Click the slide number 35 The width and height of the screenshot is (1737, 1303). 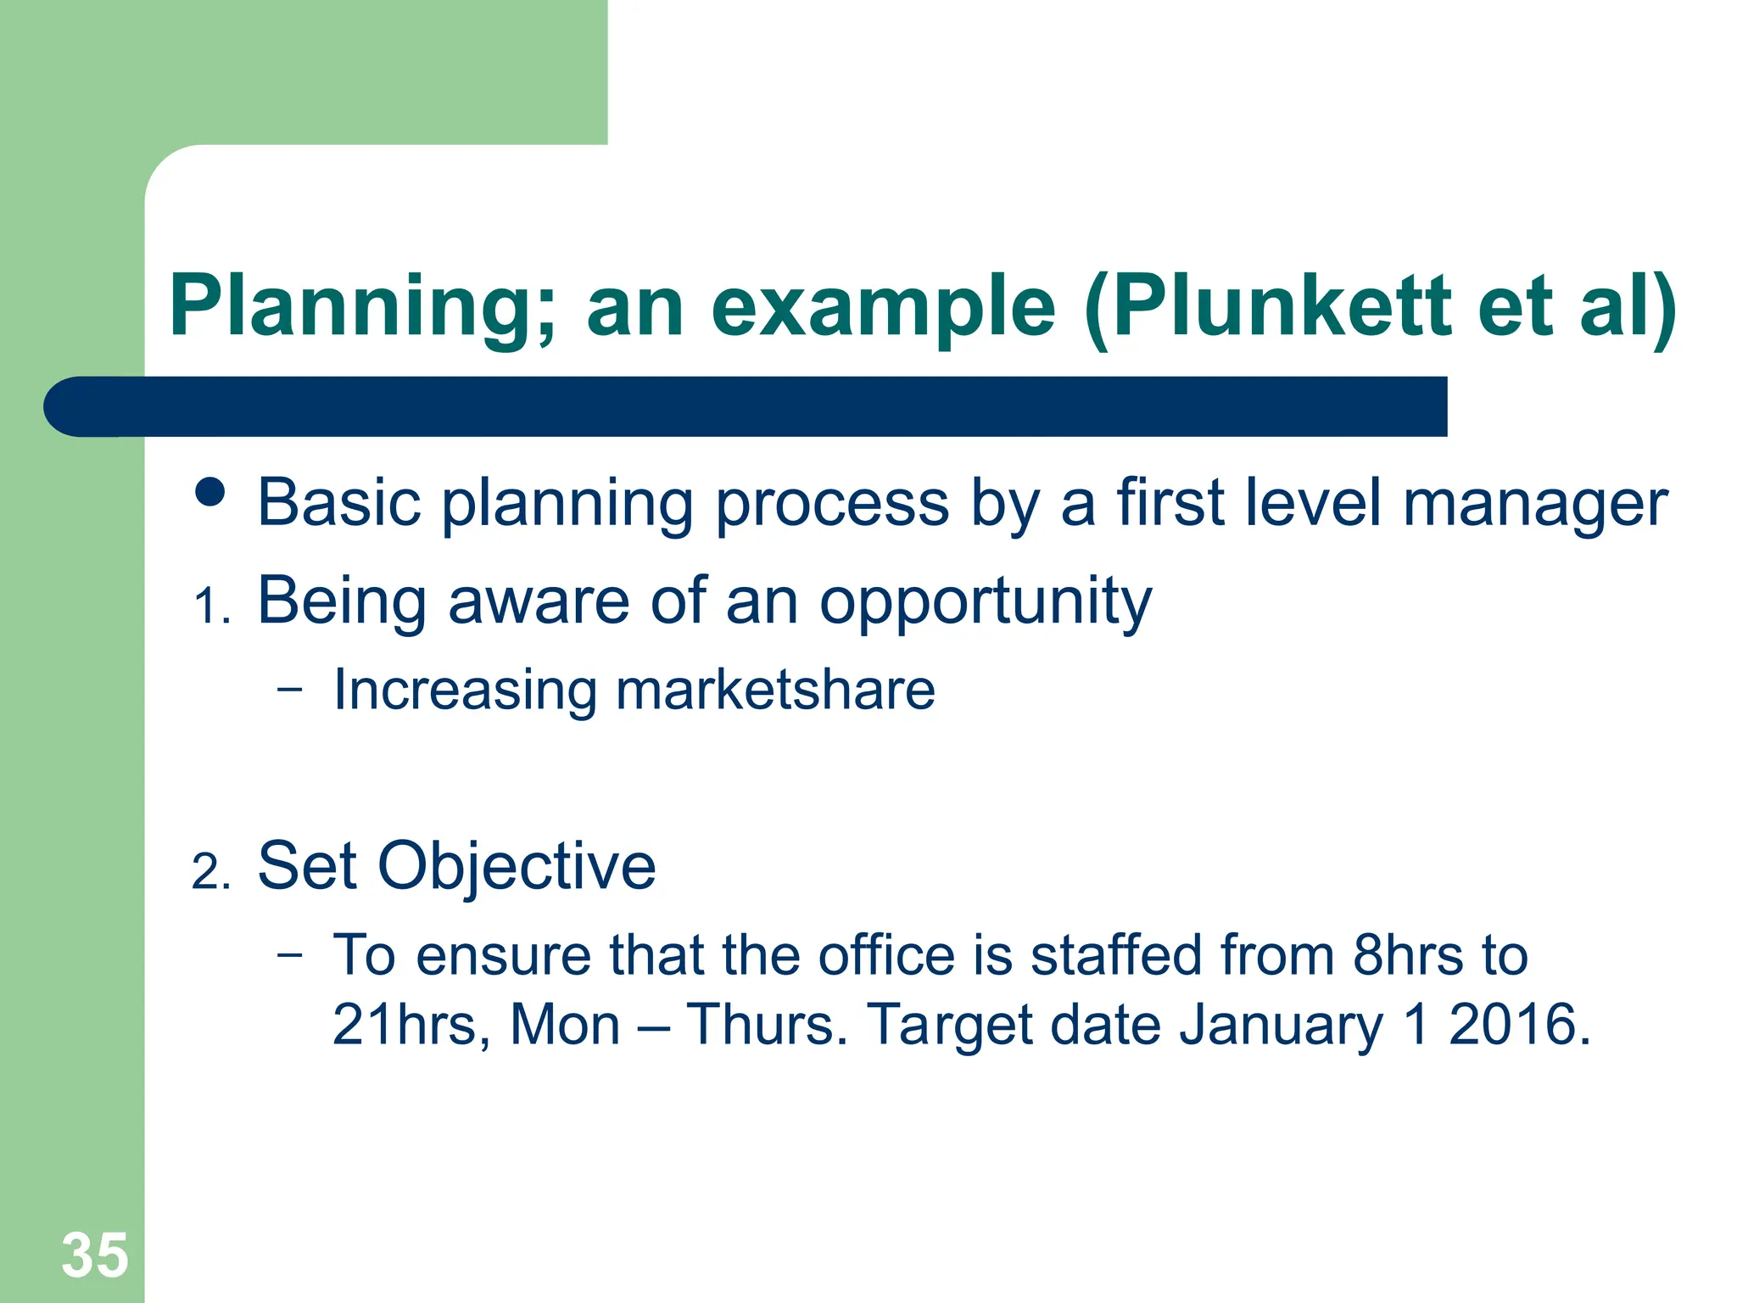coord(95,1255)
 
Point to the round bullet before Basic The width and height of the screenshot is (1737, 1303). coord(209,492)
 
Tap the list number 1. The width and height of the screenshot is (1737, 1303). coord(211,607)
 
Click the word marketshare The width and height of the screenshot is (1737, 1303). coord(775,690)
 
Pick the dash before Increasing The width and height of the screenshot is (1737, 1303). coord(289,689)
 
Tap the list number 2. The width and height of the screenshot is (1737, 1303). coord(210,872)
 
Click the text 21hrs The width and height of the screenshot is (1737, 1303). coord(405,1025)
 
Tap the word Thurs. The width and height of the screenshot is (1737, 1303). coord(766,1025)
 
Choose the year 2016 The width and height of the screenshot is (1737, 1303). coord(1518,1025)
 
